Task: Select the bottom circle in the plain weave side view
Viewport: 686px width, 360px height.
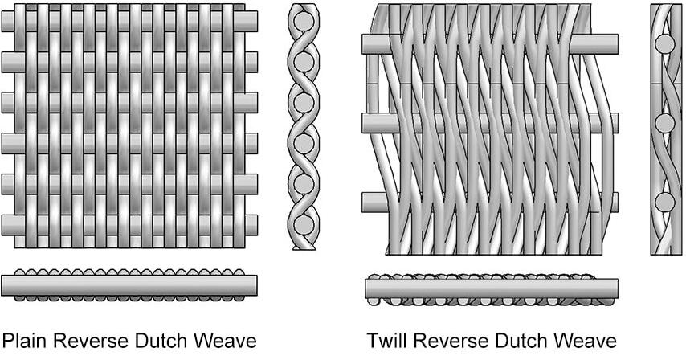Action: tap(304, 225)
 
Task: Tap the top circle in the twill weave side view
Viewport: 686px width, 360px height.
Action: tap(664, 44)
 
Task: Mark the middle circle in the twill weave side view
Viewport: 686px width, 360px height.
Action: tap(664, 123)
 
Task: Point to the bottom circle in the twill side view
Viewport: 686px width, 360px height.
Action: tap(664, 202)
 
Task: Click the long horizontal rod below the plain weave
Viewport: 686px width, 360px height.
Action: tap(129, 285)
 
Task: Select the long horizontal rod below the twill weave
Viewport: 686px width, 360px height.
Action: tap(492, 288)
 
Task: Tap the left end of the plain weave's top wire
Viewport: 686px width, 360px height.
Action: tap(2, 21)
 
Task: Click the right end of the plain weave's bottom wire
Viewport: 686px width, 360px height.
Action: tap(257, 225)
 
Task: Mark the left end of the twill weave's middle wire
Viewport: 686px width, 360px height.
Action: tap(363, 123)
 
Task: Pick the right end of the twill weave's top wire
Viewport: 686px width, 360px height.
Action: tap(617, 44)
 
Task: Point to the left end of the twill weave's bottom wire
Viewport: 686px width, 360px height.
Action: tap(363, 202)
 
